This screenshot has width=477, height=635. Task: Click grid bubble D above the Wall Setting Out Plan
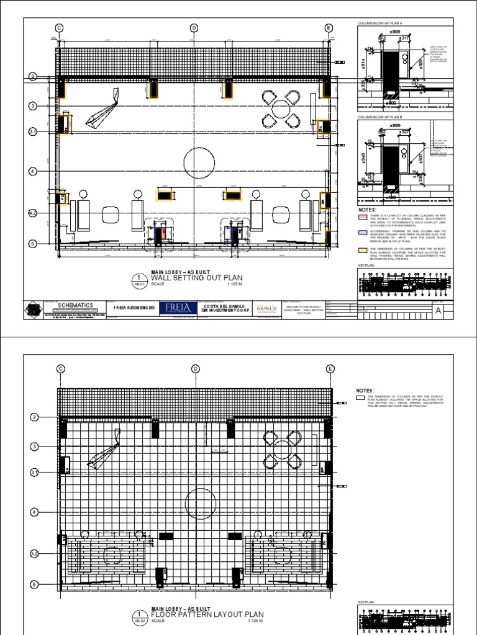tap(194, 28)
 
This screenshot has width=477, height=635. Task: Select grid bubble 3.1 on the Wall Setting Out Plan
tap(33, 132)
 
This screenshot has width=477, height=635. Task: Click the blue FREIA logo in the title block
tap(178, 309)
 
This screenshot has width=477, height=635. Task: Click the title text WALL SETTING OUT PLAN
tap(182, 278)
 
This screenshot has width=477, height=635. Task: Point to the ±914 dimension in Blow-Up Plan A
tap(363, 65)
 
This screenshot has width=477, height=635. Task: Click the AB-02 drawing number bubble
tap(139, 618)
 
